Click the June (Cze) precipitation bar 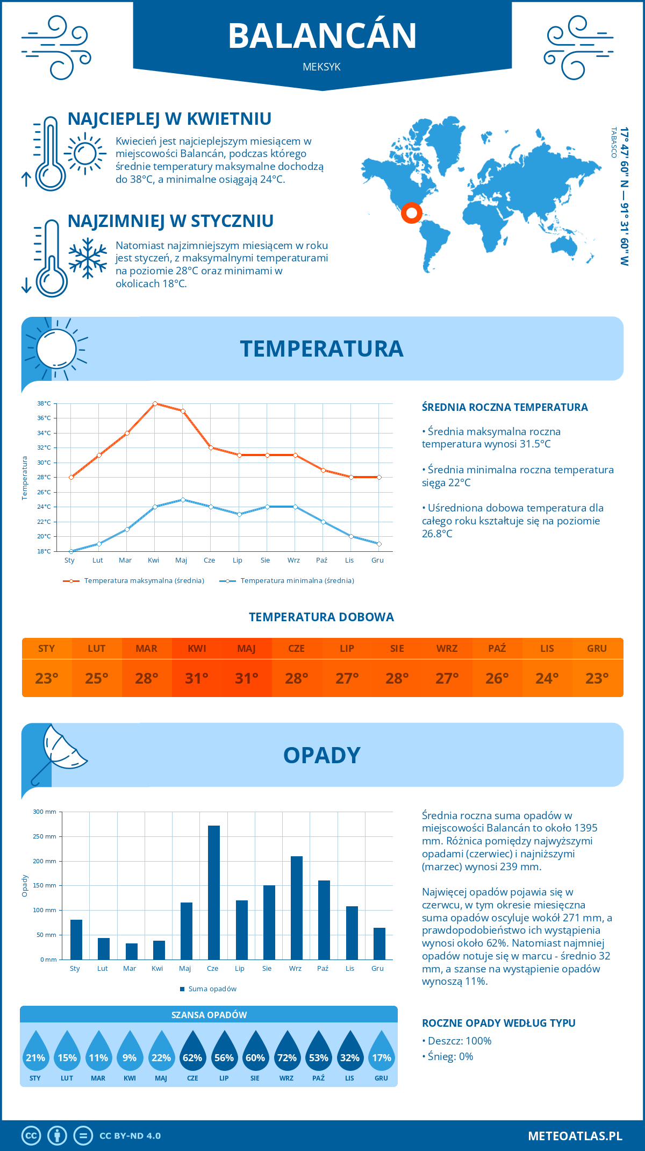point(214,893)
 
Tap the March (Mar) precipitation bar point(131,951)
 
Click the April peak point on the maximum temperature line point(155,403)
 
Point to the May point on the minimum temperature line point(183,500)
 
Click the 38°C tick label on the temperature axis point(44,403)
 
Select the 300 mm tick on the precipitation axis point(45,812)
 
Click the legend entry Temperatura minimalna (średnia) point(297,581)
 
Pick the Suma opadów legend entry point(212,989)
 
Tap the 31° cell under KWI point(197,678)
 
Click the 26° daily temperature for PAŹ point(497,678)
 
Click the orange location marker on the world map point(411,213)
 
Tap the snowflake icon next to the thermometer point(88,258)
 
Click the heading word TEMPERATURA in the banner point(321,349)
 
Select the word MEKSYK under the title point(321,67)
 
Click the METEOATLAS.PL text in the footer point(575,1136)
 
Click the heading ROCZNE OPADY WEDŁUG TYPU point(498,1023)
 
